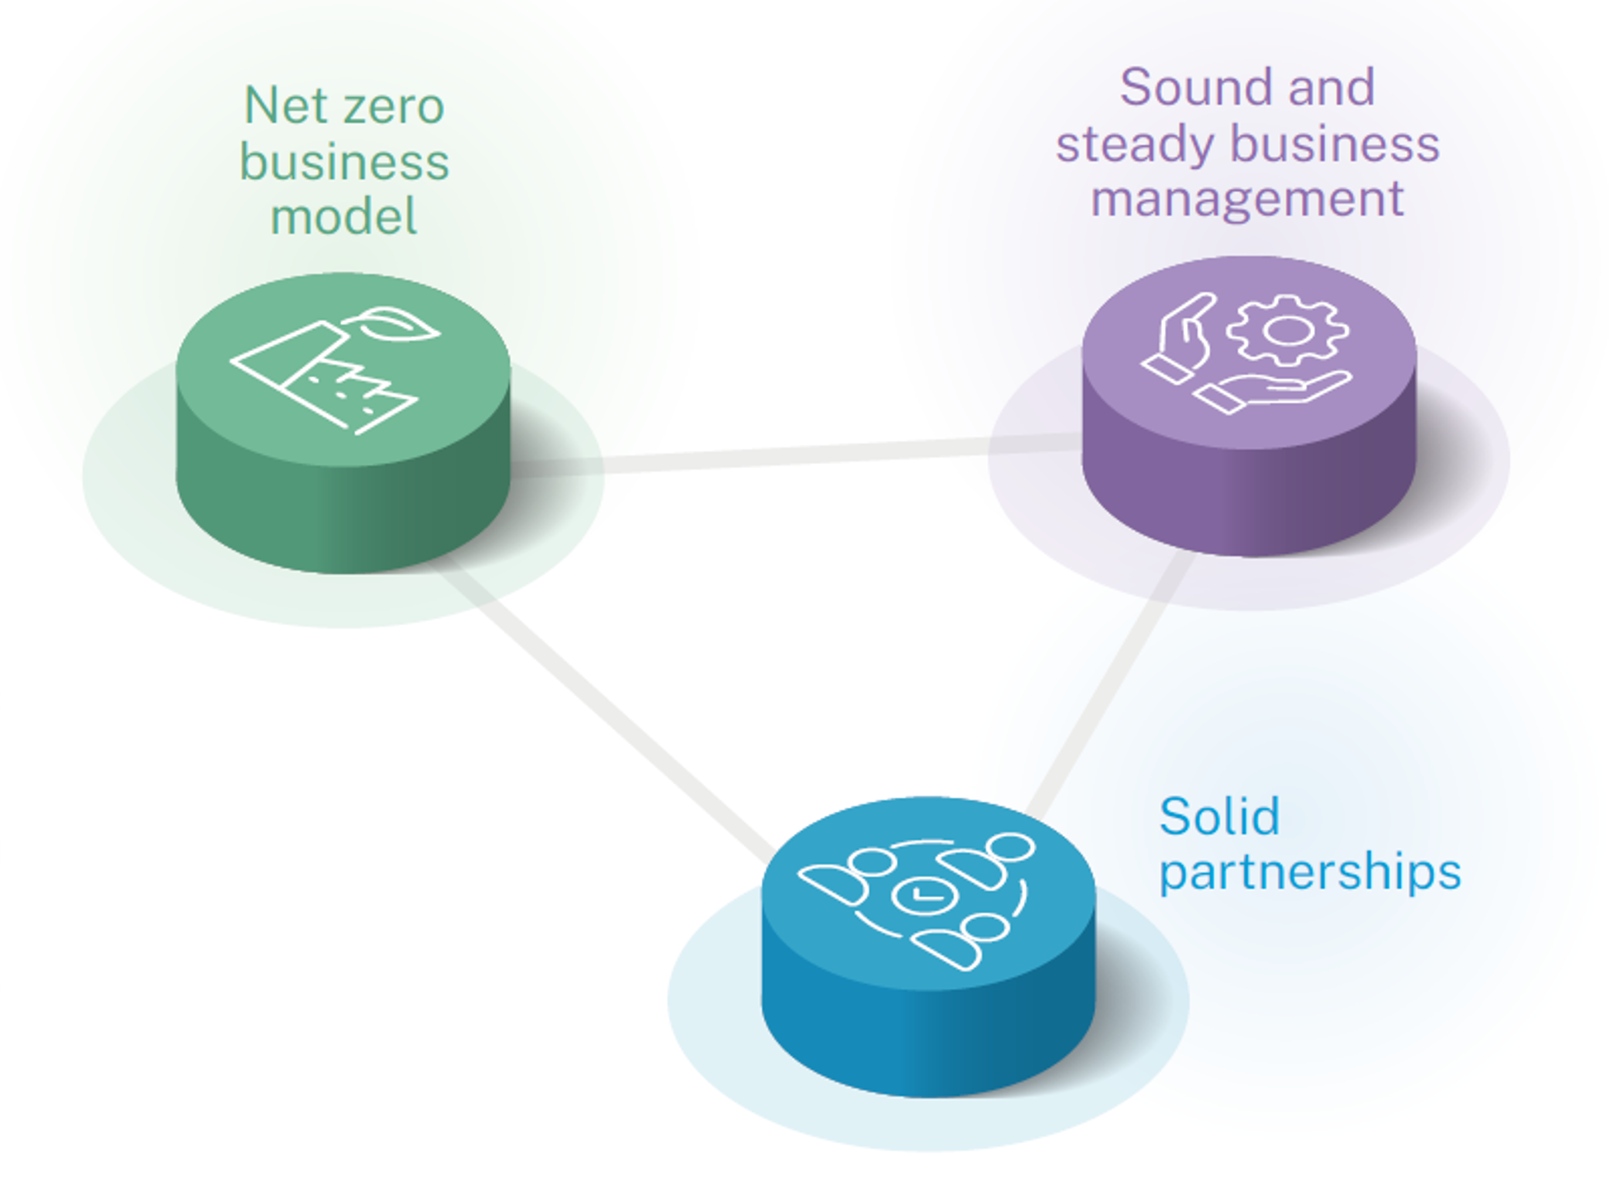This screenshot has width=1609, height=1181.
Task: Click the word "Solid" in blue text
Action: click(x=1218, y=816)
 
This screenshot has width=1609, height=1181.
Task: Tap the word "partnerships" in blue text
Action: click(x=1309, y=874)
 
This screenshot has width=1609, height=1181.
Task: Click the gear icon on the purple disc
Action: click(x=1288, y=331)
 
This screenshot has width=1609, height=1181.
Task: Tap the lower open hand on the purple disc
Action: click(x=1273, y=390)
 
